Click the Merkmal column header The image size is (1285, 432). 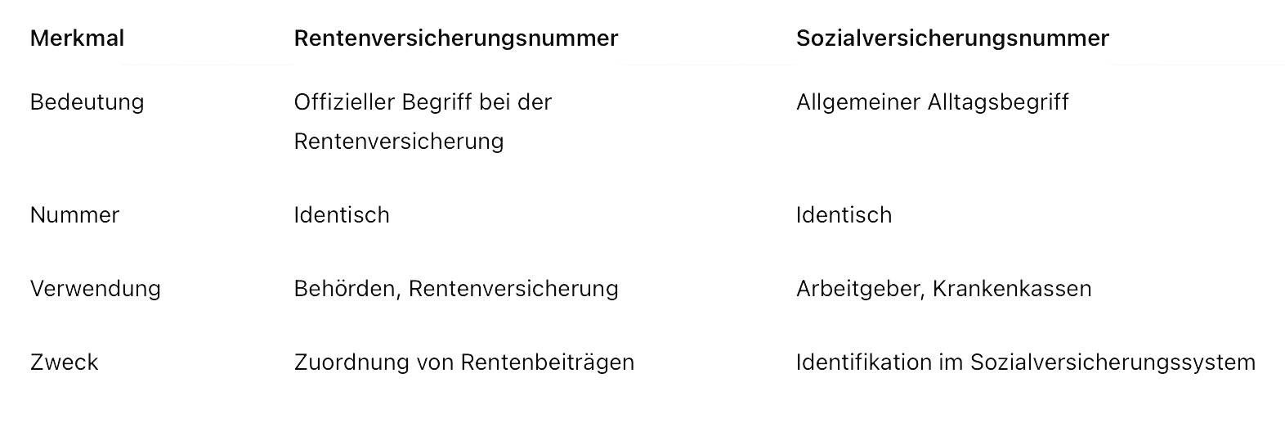coord(77,38)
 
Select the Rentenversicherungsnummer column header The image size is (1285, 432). coord(456,38)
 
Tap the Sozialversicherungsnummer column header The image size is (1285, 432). coord(952,38)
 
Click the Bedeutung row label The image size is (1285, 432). coord(87,102)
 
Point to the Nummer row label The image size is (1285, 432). coord(74,215)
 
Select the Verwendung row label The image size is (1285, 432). coord(95,288)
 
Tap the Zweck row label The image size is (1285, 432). coord(65,362)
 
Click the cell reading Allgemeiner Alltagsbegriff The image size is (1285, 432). coord(932,102)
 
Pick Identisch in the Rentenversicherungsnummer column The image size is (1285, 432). coord(342,215)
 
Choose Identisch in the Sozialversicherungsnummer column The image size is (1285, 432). coord(844,215)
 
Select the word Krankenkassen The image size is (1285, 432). coord(1012,288)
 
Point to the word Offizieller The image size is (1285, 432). coord(343,102)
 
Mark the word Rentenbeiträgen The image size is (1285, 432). coord(548,362)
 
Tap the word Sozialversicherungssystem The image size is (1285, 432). coord(1113,362)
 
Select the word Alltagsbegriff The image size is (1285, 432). coord(998,102)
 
